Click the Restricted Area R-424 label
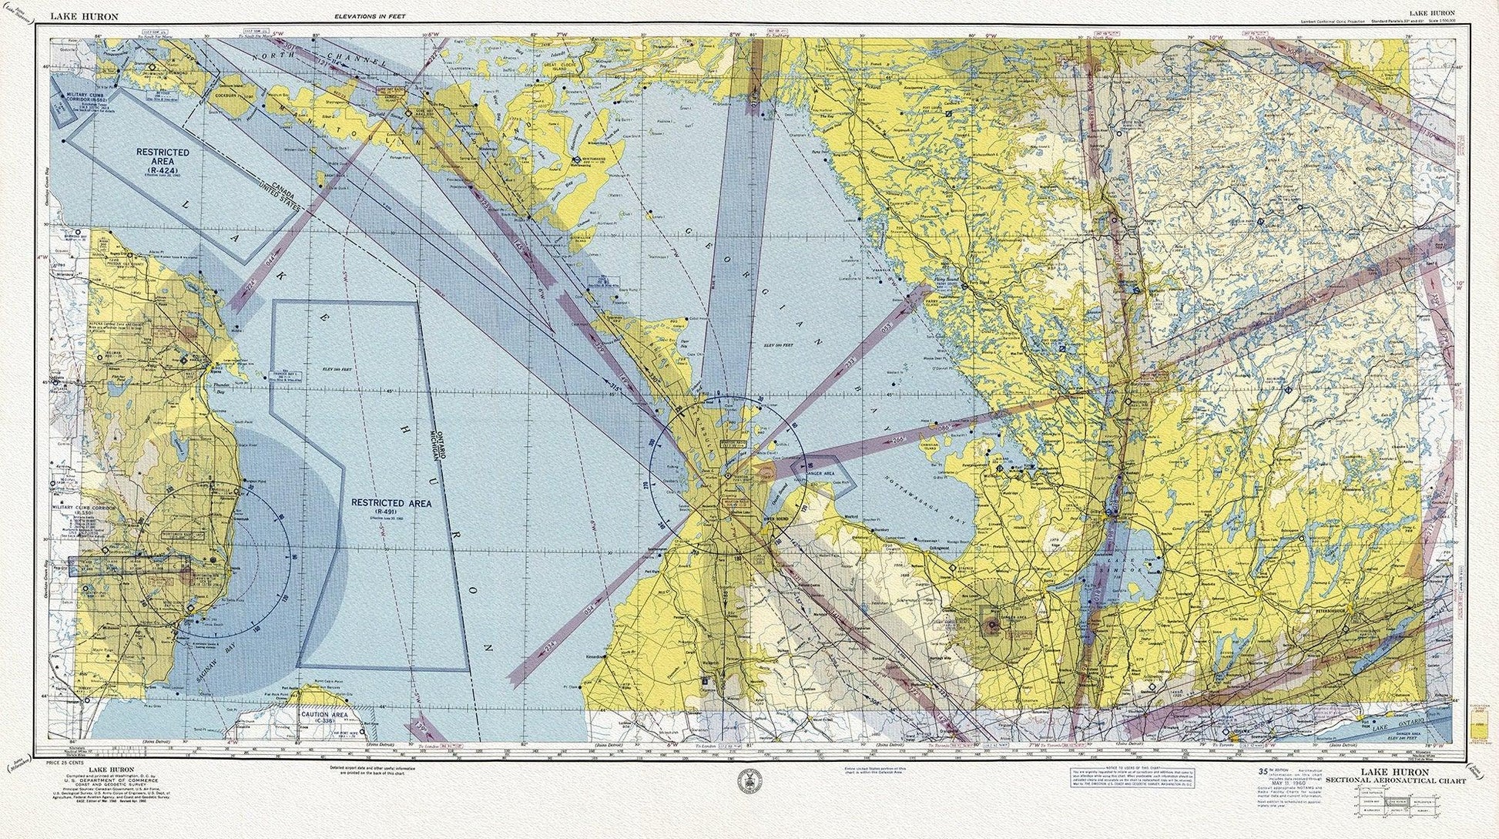coord(163,158)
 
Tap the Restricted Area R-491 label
coord(391,505)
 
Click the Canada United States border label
coord(272,187)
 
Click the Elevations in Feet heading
coord(370,15)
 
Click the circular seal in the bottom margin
coord(745,781)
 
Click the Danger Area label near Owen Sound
coord(820,473)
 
